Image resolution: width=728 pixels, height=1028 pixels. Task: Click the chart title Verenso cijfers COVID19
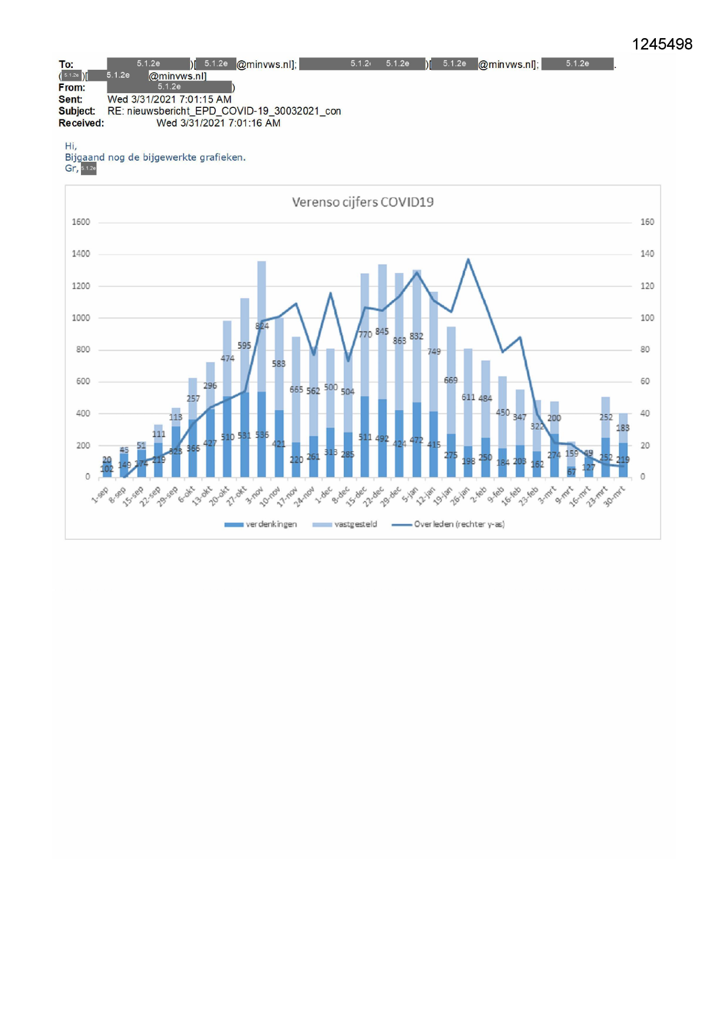point(363,202)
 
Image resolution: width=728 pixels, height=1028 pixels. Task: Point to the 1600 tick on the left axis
point(81,222)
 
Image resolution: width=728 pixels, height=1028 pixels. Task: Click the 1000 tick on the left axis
point(81,318)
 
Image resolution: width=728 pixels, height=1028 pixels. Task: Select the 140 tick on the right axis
point(647,254)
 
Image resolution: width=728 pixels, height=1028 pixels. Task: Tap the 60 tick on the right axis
point(645,382)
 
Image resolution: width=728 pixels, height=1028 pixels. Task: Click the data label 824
point(262,326)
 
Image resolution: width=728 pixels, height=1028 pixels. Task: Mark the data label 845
point(382,332)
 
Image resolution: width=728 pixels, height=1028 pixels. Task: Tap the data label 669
point(451,380)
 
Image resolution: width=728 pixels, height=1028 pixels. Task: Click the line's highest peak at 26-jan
point(468,259)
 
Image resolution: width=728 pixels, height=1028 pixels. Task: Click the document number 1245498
point(662,45)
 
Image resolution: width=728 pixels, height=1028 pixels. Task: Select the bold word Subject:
point(76,111)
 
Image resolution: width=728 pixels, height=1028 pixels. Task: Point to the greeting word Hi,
point(70,146)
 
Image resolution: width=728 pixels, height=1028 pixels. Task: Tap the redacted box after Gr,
point(89,169)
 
